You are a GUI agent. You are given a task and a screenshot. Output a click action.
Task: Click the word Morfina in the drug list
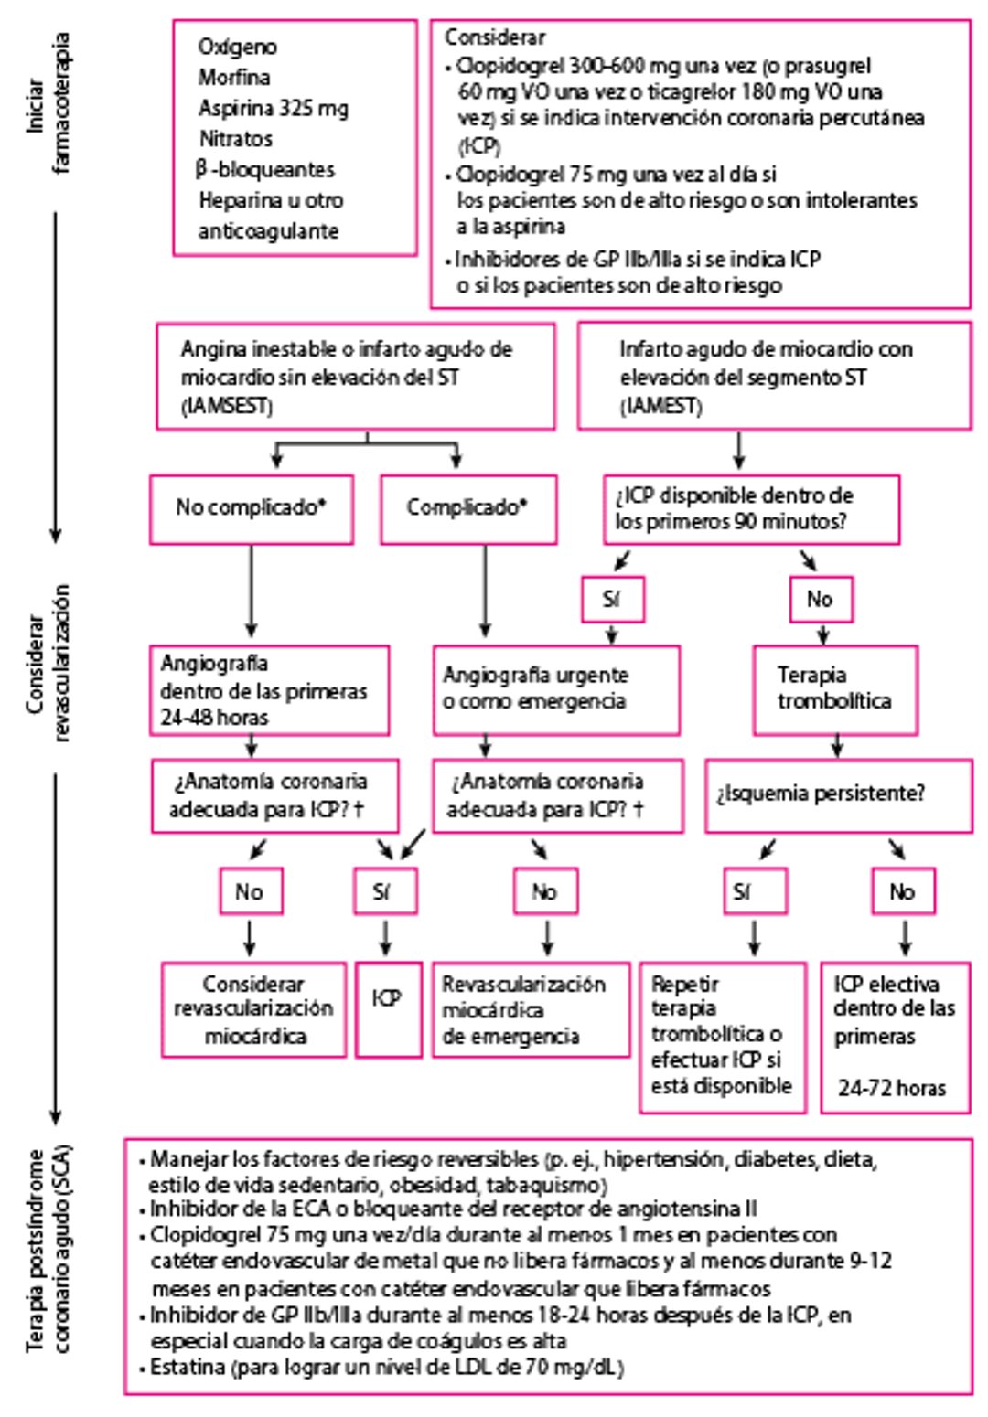234,78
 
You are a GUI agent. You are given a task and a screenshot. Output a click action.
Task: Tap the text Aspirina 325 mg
273,109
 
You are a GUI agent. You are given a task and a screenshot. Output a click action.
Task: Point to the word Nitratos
236,139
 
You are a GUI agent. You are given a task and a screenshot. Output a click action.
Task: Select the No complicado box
252,508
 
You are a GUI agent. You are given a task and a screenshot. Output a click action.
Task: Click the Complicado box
467,508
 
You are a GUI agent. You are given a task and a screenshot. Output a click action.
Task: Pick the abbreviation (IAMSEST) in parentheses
227,407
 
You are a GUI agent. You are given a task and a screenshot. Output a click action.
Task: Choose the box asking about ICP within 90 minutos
750,509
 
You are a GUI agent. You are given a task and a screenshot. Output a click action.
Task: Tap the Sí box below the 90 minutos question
612,600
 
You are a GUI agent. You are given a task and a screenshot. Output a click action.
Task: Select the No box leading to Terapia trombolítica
821,600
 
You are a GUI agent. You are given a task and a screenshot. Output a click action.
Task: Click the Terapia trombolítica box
834,689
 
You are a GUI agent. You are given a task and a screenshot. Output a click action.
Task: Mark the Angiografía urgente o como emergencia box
556,689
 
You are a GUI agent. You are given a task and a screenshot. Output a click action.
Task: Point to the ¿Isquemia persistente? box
837,794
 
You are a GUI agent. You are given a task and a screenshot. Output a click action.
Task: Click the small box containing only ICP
388,1008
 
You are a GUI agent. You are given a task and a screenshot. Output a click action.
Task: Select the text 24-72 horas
891,1088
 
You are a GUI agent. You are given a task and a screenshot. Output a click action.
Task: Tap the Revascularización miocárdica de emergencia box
531,1009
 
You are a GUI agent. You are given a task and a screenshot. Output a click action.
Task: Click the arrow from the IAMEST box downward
738,450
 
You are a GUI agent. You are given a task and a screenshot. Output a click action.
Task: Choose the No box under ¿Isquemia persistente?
902,891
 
